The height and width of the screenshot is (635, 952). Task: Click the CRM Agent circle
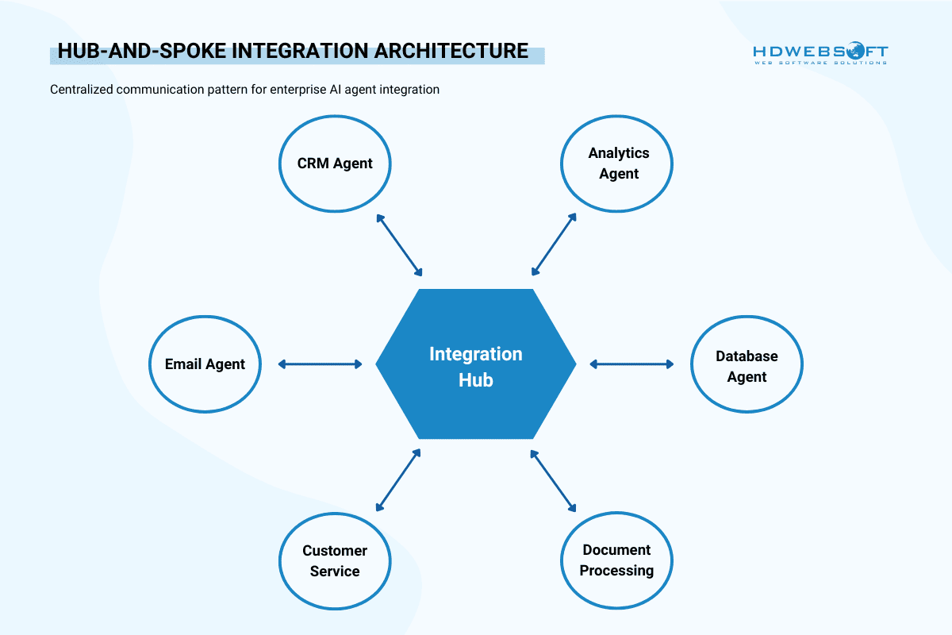(x=335, y=164)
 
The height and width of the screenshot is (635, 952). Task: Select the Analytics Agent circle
(x=617, y=164)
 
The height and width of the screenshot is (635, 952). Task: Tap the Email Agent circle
(x=205, y=364)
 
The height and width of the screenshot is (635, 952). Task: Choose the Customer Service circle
(x=335, y=560)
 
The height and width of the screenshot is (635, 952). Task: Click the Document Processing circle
(x=616, y=560)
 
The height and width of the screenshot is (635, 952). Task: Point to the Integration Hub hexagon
(x=476, y=364)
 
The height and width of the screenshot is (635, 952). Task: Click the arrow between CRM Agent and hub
(x=400, y=244)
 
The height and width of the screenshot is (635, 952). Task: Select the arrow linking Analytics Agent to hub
(x=554, y=244)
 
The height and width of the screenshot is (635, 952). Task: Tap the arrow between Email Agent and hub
(x=320, y=364)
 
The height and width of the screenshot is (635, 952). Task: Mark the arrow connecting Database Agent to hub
(x=631, y=364)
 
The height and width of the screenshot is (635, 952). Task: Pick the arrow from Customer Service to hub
(x=398, y=479)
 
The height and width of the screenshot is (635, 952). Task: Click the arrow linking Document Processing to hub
(x=554, y=479)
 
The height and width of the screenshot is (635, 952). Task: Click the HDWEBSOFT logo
(x=820, y=54)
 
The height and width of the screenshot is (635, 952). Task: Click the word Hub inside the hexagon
(x=476, y=380)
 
